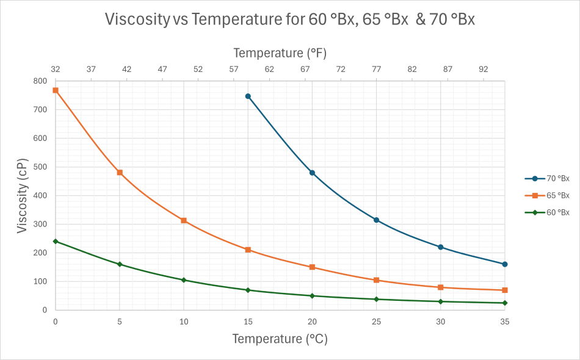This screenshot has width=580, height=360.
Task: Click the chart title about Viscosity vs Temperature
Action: pos(289,20)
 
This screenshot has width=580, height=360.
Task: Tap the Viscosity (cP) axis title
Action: pos(23,196)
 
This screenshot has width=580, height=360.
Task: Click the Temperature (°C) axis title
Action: pos(280,339)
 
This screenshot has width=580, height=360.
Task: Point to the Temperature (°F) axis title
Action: pos(280,53)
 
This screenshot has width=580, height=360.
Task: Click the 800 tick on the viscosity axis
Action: pos(40,81)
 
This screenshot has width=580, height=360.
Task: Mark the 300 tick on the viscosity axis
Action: pos(40,225)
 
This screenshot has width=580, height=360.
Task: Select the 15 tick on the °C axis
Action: pos(248,321)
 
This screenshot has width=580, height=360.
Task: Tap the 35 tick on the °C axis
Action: pos(505,321)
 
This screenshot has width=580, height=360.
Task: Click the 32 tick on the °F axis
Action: pos(56,69)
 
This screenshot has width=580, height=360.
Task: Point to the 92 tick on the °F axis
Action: pos(484,69)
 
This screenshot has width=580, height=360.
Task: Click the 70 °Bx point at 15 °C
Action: pos(248,96)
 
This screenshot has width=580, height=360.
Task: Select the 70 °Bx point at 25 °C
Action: pos(376,220)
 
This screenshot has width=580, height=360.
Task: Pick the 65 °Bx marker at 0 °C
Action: pos(56,90)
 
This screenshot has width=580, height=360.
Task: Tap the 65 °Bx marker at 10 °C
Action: pos(184,220)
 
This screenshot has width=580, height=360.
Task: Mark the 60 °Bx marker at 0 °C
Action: pos(56,241)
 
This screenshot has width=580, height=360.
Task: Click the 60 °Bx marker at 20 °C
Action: pos(312,296)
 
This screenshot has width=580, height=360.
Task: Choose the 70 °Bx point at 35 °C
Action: pos(505,264)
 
